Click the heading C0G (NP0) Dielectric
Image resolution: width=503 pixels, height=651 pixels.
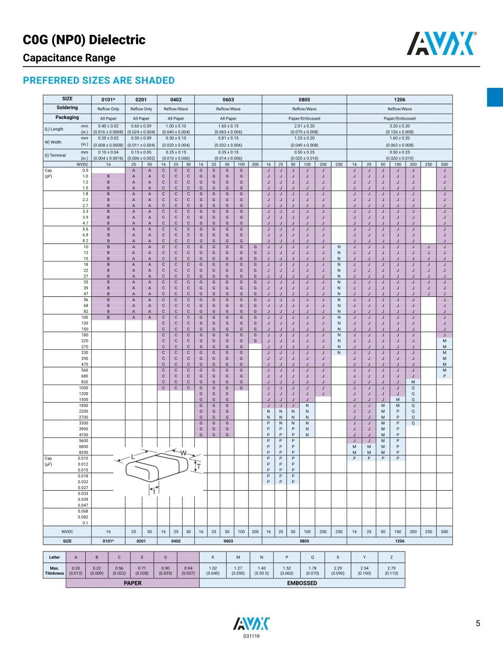click(84, 40)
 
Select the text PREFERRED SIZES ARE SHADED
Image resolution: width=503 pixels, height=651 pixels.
click(98, 80)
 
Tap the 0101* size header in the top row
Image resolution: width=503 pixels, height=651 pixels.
click(108, 100)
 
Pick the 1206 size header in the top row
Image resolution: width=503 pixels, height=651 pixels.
click(400, 100)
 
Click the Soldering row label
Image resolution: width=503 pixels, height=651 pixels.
click(67, 108)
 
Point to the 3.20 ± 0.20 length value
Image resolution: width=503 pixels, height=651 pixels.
click(400, 126)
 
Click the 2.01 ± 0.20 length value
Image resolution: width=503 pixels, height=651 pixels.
click(304, 126)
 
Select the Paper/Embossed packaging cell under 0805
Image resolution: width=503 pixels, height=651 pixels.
click(304, 119)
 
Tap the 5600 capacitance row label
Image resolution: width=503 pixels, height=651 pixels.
click(84, 440)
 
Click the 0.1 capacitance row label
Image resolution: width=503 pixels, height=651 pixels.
click(85, 523)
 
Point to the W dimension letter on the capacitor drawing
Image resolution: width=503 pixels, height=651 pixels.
click(183, 453)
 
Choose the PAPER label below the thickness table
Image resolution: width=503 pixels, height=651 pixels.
click(132, 583)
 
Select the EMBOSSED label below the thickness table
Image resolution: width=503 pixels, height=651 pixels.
click(302, 583)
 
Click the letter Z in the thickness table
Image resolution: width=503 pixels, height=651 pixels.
click(391, 557)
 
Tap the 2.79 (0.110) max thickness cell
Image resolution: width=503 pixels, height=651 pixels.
click(391, 570)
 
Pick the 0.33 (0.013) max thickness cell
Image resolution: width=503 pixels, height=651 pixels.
click(76, 570)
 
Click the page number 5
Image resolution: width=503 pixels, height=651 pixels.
click(478, 623)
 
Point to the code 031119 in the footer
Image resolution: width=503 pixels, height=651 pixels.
click(251, 636)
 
